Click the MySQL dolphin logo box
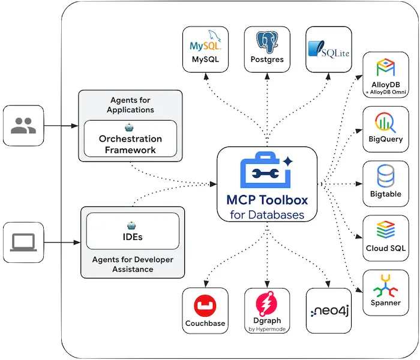(x=205, y=49)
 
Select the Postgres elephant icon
(x=267, y=49)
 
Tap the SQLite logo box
(x=328, y=49)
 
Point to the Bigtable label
(x=386, y=194)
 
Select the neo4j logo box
(x=328, y=311)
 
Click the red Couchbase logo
(x=205, y=306)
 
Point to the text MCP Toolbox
(x=266, y=200)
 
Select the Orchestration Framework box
(x=130, y=139)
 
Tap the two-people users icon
(x=23, y=126)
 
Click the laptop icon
(x=23, y=242)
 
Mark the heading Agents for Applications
(x=130, y=104)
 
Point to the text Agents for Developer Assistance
(x=133, y=264)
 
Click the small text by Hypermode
(x=267, y=329)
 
